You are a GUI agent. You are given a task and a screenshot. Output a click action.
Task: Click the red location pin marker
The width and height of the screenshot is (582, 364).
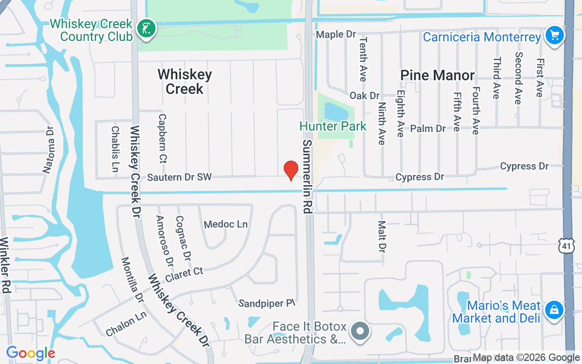pos(291,170)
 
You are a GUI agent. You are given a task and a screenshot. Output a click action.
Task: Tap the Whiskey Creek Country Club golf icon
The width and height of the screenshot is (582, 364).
pos(146,29)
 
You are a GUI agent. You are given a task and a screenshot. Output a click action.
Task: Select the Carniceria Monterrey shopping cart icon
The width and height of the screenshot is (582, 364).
pos(554,35)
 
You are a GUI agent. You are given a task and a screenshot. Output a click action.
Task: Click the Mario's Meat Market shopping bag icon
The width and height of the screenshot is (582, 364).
pos(554,310)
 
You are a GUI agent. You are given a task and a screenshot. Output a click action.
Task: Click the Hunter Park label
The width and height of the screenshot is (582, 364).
pos(333,126)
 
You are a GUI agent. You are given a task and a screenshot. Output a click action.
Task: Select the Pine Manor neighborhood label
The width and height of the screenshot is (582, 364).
pos(437,75)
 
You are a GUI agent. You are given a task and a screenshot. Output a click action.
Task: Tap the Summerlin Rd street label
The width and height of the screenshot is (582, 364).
pos(308,176)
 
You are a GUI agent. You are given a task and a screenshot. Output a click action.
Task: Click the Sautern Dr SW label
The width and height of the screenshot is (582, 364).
pos(179,177)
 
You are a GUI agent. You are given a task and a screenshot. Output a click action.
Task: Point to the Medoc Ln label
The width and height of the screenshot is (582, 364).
pos(226,224)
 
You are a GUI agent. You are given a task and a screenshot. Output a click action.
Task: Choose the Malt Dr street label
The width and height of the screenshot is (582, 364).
pos(382,237)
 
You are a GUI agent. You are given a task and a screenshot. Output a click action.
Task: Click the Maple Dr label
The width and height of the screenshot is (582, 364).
pos(336,34)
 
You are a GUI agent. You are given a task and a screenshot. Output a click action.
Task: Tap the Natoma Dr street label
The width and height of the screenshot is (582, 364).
pos(49,150)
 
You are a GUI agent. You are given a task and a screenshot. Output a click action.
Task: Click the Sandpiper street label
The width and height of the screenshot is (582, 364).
pos(267,303)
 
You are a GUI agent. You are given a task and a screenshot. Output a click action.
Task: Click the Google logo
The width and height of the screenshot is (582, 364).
pos(30,353)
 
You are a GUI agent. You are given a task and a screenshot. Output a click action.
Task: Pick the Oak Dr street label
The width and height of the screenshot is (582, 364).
pos(365,96)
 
